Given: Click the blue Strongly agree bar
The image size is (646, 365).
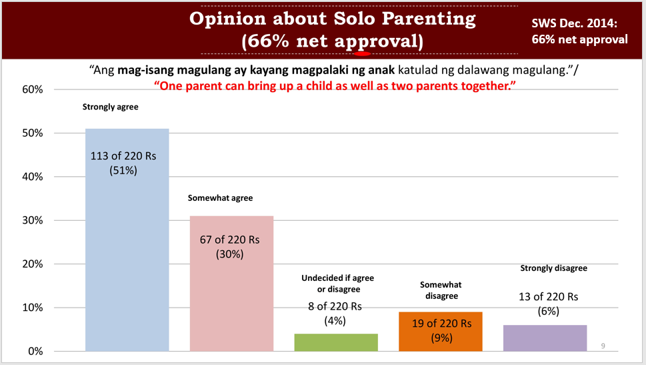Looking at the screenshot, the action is [x=127, y=240].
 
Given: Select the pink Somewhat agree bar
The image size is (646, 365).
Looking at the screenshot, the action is [x=231, y=284].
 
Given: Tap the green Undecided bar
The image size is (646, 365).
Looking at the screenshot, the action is [x=336, y=342].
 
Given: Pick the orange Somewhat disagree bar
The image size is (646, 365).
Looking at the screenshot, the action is [x=441, y=332].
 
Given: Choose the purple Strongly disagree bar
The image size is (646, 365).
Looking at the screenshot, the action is [x=545, y=338].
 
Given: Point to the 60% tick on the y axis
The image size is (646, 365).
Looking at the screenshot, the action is [x=33, y=89].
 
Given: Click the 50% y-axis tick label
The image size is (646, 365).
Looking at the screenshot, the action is [x=33, y=133].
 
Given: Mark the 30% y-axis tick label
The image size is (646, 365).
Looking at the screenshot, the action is [x=33, y=220].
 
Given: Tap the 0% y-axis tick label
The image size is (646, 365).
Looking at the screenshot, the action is [x=35, y=352].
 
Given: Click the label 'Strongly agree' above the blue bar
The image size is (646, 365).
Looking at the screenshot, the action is [x=111, y=107].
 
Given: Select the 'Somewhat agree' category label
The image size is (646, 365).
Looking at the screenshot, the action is [x=221, y=198].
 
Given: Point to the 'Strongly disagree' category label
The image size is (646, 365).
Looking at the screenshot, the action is [x=554, y=268].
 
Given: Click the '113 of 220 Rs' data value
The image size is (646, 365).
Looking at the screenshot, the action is [x=123, y=156].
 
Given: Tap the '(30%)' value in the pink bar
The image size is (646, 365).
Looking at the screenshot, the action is [x=230, y=254].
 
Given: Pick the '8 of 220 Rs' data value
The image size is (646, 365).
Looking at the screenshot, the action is [x=335, y=306].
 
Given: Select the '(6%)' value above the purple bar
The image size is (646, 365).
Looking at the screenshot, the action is [x=549, y=311].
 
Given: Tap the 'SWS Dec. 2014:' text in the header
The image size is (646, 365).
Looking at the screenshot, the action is [x=574, y=23].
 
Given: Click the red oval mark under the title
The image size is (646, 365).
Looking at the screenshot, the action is [x=363, y=53].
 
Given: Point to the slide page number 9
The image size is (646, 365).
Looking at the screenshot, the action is [x=603, y=346].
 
